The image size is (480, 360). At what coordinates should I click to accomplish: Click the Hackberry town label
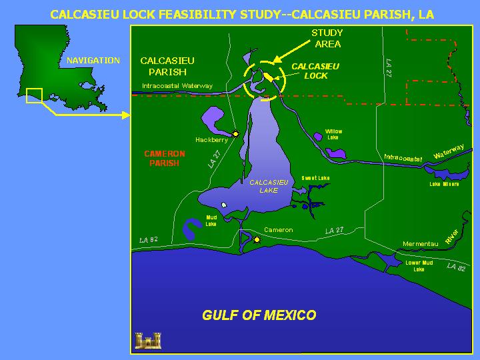pyautogui.click(x=211, y=140)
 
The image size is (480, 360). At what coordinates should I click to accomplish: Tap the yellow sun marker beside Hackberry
pyautogui.click(x=235, y=133)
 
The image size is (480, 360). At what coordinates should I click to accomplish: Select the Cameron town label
pyautogui.click(x=278, y=230)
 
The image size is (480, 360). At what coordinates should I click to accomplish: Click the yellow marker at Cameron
pyautogui.click(x=257, y=239)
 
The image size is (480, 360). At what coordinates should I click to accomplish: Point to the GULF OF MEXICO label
pyautogui.click(x=259, y=315)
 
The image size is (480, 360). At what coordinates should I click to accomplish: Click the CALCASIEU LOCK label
pyautogui.click(x=315, y=71)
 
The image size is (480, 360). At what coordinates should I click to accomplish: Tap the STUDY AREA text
pyautogui.click(x=327, y=39)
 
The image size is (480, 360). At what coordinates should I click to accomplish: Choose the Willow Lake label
pyautogui.click(x=333, y=134)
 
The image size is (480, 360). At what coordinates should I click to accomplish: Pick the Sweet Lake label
pyautogui.click(x=315, y=178)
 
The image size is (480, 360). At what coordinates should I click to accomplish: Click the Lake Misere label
pyautogui.click(x=444, y=184)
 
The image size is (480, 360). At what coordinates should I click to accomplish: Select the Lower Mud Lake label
pyautogui.click(x=419, y=265)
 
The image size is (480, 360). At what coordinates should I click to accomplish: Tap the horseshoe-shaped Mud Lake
pyautogui.click(x=191, y=229)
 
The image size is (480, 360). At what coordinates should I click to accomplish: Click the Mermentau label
pyautogui.click(x=420, y=244)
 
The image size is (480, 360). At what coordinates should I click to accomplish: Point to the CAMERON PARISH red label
pyautogui.click(x=165, y=158)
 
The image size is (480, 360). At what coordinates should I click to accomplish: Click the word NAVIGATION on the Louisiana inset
pyautogui.click(x=93, y=61)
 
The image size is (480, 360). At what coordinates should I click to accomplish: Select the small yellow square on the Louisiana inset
pyautogui.click(x=34, y=96)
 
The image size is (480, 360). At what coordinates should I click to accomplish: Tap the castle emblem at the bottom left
pyautogui.click(x=148, y=340)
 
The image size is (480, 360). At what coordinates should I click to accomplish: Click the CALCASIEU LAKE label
pyautogui.click(x=269, y=186)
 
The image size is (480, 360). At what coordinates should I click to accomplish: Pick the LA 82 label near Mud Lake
pyautogui.click(x=149, y=239)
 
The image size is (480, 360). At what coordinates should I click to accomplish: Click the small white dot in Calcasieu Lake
pyautogui.click(x=224, y=205)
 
